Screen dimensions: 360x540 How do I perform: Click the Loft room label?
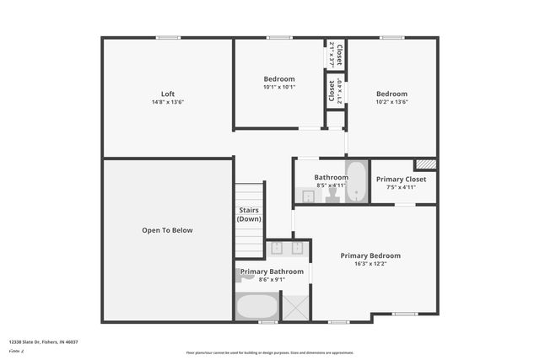click(168, 94)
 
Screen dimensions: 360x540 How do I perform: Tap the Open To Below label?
click(167, 230)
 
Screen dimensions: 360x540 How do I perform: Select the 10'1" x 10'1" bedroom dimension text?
click(278, 87)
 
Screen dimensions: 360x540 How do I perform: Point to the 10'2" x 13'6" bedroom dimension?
click(391, 102)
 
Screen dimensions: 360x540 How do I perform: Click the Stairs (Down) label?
click(249, 214)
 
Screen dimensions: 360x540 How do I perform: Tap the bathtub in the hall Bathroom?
click(356, 181)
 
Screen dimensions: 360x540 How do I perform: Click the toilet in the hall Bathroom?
click(332, 195)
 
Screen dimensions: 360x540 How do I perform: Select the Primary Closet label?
click(401, 180)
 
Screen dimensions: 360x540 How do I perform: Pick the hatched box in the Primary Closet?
click(426, 164)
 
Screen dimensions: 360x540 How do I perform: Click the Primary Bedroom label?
click(370, 255)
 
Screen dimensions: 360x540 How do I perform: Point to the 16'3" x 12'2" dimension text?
click(370, 264)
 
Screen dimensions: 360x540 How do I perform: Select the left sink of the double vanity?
click(278, 248)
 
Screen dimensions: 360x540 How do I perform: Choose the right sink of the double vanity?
click(298, 248)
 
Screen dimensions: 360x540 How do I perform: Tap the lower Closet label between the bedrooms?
click(332, 92)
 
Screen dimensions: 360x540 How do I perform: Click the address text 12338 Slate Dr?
click(43, 341)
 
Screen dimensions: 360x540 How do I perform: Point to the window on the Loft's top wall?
click(168, 37)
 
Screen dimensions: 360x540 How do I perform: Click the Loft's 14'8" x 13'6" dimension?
click(168, 102)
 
